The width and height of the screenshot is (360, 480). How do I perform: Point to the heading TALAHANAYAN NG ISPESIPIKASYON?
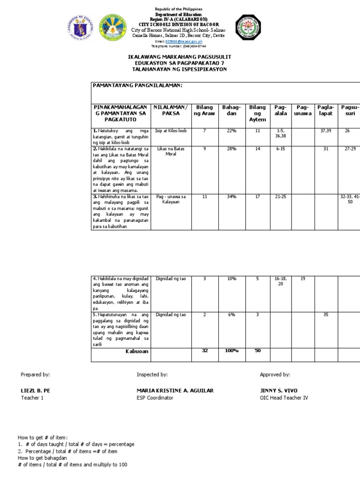click(x=180, y=69)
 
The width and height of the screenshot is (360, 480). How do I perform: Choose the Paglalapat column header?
click(x=325, y=111)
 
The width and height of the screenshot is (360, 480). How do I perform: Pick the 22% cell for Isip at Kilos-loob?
click(x=231, y=131)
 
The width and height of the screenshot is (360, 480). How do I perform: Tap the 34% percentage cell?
click(x=231, y=197)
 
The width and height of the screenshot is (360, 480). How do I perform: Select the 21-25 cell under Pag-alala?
click(x=281, y=197)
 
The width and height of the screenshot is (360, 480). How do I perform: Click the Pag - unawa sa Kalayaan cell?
click(x=171, y=199)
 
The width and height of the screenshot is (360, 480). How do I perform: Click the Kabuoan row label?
click(x=136, y=351)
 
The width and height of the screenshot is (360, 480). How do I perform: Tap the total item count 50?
click(x=257, y=351)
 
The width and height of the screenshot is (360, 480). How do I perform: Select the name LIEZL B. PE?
click(x=34, y=390)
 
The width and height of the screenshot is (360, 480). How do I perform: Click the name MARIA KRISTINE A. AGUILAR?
click(x=175, y=390)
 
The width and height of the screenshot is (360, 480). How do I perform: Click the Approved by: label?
click(x=275, y=375)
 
